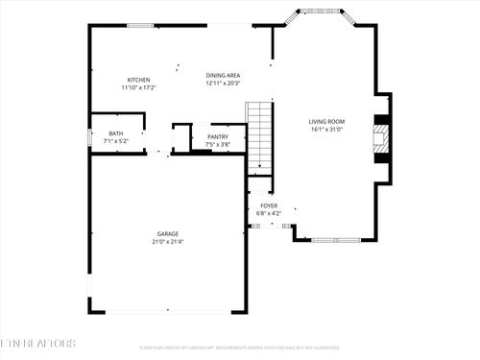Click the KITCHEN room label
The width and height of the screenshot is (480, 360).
coord(138,80)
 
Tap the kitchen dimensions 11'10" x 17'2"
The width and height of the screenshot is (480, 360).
coord(138,87)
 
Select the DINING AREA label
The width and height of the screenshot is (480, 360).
coord(223,75)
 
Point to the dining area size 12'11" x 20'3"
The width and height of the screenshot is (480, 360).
coord(223,83)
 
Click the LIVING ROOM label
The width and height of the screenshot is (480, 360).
coord(326,121)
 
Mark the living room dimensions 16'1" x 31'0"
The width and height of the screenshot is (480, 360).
coord(326,129)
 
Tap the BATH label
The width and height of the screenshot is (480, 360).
coord(115,134)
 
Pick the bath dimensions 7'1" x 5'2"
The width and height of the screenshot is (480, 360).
coord(115,141)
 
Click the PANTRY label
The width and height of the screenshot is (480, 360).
coord(218,138)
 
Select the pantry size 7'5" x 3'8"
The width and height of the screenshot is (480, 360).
coord(218,145)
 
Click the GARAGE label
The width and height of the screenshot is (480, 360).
coord(169,234)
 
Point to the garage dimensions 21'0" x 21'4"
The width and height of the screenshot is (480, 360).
coord(169,242)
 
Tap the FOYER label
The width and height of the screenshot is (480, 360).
coord(269,205)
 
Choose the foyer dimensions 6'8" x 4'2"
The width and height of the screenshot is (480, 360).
coord(269,213)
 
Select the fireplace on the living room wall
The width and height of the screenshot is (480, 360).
coord(382,139)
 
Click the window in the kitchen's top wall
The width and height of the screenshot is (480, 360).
coord(142,25)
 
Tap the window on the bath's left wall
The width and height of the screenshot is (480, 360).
coord(90,135)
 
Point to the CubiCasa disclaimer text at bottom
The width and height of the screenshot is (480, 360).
coord(239,348)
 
